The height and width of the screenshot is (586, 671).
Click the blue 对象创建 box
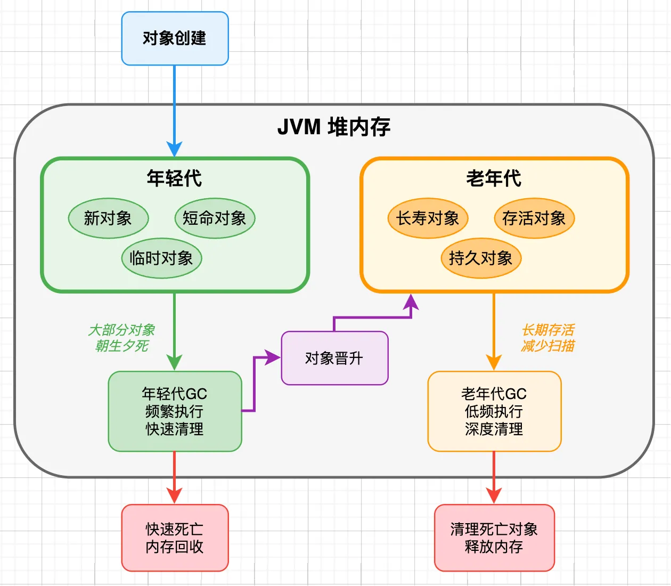coord(175,38)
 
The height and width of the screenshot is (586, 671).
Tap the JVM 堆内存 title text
coord(334,127)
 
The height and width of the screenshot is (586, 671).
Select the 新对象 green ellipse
coord(108,218)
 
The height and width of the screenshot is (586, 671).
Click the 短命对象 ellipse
coord(215,218)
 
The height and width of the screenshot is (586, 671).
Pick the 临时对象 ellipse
coord(161,258)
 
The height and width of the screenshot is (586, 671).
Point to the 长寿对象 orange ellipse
coord(428,218)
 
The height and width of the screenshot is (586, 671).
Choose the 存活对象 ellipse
coord(534,218)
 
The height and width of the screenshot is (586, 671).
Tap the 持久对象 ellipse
coord(481,258)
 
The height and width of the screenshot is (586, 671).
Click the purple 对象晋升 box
coord(334,358)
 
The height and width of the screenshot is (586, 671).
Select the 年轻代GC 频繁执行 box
coord(175,411)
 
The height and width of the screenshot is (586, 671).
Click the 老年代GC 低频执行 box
coord(494,411)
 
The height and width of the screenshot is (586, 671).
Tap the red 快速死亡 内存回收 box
coord(175,538)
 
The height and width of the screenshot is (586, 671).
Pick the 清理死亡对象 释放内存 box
coord(494,538)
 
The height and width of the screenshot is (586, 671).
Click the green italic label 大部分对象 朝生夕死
coord(122,338)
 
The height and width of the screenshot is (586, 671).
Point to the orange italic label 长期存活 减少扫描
coord(548,338)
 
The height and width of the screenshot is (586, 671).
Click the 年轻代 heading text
coord(175,178)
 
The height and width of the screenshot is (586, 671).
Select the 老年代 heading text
coord(494,178)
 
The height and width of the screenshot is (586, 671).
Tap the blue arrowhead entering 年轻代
coord(175,149)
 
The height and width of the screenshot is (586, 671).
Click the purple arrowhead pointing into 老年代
coord(411,302)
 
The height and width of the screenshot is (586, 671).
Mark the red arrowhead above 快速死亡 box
coord(175,495)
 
